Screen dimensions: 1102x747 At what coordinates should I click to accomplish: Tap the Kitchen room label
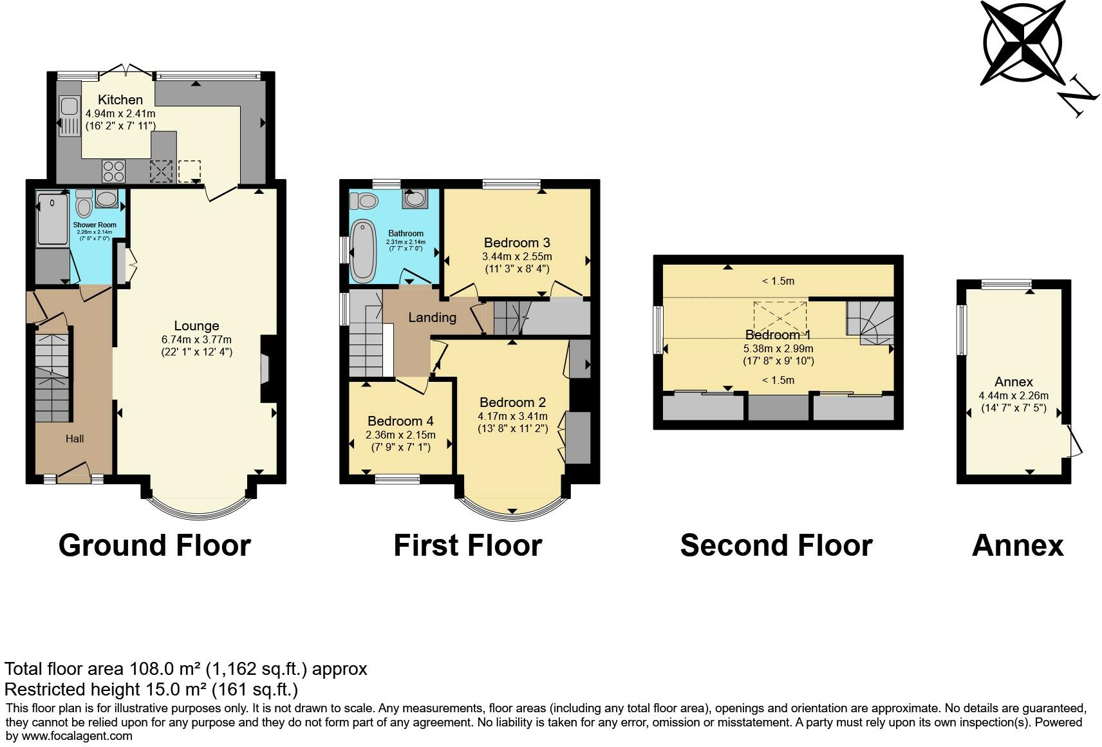(120, 99)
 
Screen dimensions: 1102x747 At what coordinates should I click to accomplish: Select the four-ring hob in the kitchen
(114, 171)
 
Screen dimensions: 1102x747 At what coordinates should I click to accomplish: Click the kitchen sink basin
(68, 106)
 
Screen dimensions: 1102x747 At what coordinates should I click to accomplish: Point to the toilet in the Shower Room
(84, 203)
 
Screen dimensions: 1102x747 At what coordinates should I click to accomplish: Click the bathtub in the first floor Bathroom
(364, 251)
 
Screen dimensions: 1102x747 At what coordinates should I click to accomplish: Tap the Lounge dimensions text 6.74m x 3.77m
(196, 339)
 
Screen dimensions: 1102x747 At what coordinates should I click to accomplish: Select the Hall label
(75, 439)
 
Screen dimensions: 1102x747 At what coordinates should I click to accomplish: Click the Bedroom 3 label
(517, 243)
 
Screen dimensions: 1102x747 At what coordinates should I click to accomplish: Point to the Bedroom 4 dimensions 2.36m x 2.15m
(400, 435)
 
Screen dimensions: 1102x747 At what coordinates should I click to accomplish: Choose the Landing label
(433, 318)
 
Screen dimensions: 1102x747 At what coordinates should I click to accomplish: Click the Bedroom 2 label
(512, 402)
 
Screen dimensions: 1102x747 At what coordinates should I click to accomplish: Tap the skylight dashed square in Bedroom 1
(780, 318)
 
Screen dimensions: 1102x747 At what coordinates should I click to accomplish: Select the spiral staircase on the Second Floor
(870, 323)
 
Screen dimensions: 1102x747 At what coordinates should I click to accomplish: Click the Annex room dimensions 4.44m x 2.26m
(1013, 395)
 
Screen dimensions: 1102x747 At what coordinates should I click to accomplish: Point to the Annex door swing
(1074, 441)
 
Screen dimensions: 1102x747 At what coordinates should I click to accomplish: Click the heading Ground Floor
(154, 545)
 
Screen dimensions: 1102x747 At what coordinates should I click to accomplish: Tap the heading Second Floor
(776, 545)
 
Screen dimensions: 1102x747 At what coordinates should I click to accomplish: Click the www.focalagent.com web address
(77, 736)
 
